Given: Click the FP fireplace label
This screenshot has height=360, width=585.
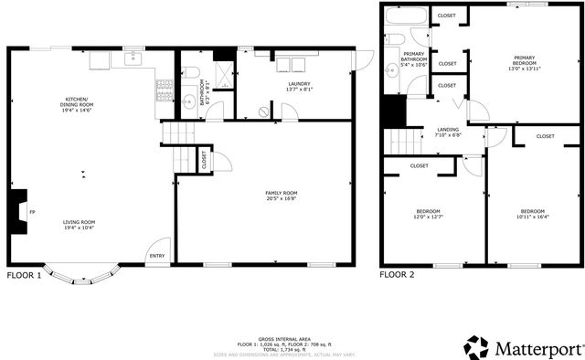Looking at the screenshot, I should [32, 213].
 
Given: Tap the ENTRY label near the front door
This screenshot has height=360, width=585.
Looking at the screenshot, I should [157, 256].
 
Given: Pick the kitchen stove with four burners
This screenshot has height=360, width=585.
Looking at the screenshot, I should [165, 90].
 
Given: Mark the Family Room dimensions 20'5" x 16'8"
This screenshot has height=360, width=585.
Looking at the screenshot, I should [282, 198].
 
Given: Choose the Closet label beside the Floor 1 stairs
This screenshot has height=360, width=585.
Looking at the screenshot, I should [203, 160].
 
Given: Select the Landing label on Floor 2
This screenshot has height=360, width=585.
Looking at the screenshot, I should [448, 129].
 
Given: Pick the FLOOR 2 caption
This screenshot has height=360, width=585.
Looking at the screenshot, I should [398, 274].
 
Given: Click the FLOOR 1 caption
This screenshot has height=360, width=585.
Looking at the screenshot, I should [25, 274].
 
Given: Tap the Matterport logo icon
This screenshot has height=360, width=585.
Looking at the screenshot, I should [476, 348].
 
